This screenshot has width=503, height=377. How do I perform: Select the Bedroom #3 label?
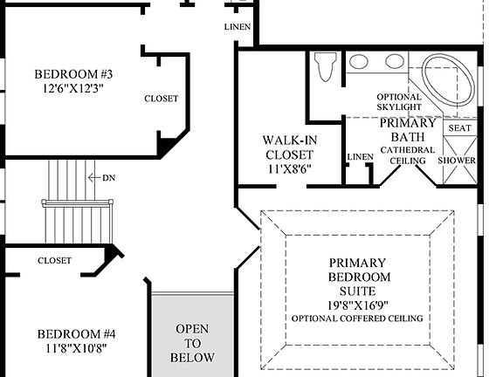pos(74,74)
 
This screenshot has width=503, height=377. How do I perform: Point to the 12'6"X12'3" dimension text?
pos(74,89)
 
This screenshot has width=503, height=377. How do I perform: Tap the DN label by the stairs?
pos(109,177)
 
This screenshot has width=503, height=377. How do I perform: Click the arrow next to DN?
pos(94,177)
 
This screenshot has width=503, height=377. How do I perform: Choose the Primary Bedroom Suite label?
pos(359,277)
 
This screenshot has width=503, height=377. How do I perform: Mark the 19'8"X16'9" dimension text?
pos(359,305)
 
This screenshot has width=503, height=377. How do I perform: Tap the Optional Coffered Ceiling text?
pos(359,319)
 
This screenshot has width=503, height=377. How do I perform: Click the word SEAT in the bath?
pos(459,128)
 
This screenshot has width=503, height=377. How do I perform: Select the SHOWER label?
pos(457,161)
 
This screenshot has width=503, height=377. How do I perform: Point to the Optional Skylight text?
pos(399,102)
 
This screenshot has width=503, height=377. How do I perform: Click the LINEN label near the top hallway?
pos(237,28)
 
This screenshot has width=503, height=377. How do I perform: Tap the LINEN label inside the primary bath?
pos(360,157)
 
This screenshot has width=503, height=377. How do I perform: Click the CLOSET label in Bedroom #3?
pos(162,99)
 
